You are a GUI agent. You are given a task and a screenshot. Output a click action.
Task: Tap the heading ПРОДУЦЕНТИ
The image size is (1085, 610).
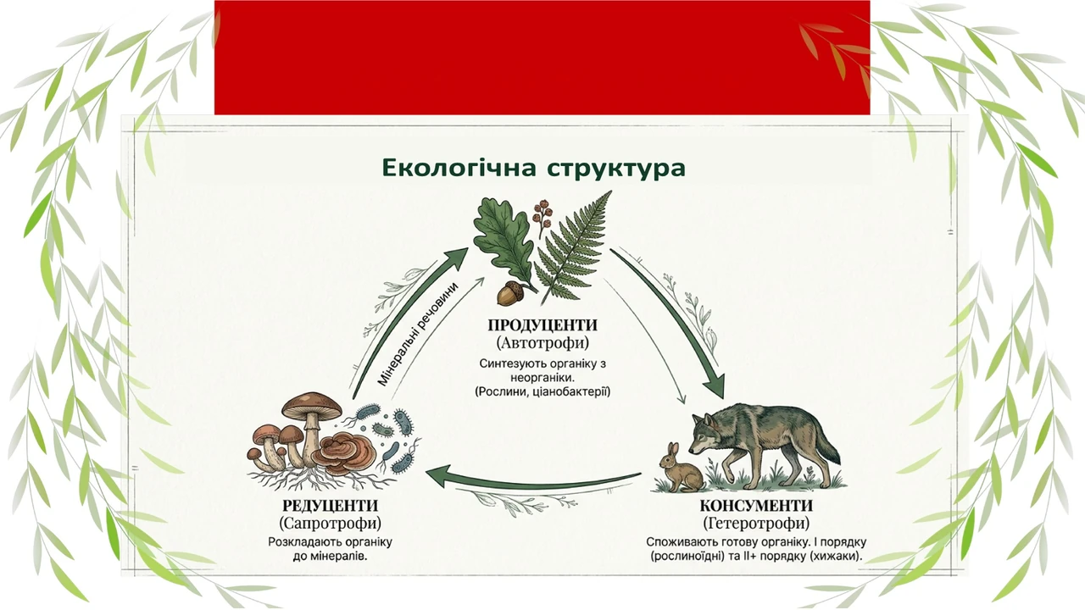pyautogui.click(x=542, y=324)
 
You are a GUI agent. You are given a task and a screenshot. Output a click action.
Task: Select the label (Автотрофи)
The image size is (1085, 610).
pyautogui.click(x=542, y=343)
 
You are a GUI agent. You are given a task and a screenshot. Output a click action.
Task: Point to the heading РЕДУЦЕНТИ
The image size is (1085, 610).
pyautogui.click(x=330, y=506)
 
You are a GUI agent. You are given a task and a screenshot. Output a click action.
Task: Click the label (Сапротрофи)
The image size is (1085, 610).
pyautogui.click(x=330, y=524)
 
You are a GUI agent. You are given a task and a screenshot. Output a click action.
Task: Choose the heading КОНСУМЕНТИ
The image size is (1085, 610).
pyautogui.click(x=756, y=506)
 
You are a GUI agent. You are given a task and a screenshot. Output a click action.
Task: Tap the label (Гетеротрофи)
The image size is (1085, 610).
pyautogui.click(x=756, y=524)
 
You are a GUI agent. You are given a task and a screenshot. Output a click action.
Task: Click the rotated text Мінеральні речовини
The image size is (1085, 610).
pyautogui.click(x=418, y=335)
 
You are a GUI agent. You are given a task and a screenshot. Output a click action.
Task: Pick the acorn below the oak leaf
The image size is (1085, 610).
pyautogui.click(x=509, y=293)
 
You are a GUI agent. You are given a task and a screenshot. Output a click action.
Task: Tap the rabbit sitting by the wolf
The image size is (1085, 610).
pyautogui.click(x=680, y=469)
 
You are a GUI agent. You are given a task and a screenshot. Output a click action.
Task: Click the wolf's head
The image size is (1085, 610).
pyautogui.click(x=705, y=433)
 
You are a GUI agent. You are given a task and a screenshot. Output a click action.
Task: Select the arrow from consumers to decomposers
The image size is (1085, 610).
pyautogui.click(x=533, y=480)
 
